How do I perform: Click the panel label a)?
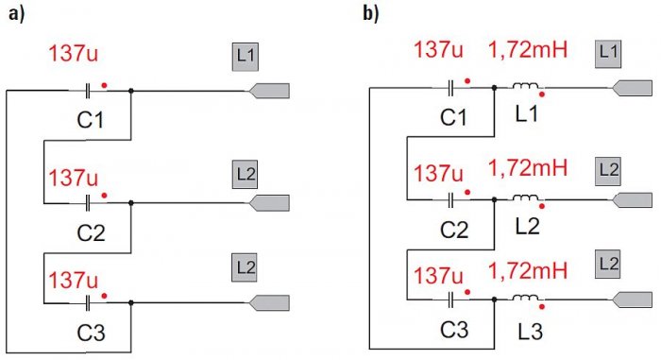[x=16, y=13]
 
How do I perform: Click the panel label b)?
[x=371, y=13]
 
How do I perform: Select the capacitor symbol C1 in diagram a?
[x=87, y=91]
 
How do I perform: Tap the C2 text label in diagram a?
[x=91, y=232]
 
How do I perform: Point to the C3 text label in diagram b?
[x=454, y=329]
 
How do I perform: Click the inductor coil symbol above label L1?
[x=525, y=86]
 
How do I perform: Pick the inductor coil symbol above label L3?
[x=525, y=298]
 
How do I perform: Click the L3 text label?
[x=530, y=332]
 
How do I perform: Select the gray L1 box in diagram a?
[x=245, y=57]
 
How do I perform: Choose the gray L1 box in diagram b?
[x=608, y=54]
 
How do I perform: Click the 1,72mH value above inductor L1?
[x=528, y=50]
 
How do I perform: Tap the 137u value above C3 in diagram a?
[x=74, y=280]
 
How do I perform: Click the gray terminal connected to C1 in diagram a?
[x=269, y=91]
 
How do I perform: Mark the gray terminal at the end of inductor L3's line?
[x=632, y=300]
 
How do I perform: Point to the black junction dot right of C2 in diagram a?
[x=131, y=203]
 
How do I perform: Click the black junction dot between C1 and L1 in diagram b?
[x=495, y=88]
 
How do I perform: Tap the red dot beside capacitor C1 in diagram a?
[x=104, y=86]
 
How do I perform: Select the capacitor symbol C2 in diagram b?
[x=450, y=199]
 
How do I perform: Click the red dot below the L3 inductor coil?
[x=542, y=307]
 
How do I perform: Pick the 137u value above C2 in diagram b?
[x=438, y=174]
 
